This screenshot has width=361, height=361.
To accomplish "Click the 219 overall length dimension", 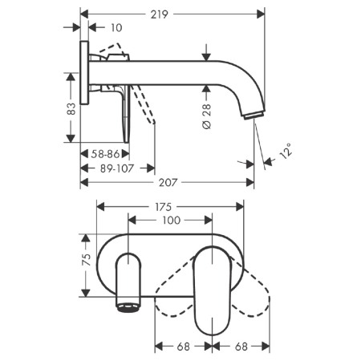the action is point(159,14).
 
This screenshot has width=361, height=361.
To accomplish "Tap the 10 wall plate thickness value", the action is point(116,27).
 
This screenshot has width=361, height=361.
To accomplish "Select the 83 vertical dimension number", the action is point(71,109).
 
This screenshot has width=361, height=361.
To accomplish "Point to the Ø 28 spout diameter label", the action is point(207,116).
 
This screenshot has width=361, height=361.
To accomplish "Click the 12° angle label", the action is point(285,151).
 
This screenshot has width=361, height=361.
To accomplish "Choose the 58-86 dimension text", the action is point(105,154).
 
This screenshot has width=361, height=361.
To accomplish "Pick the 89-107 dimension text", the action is point(117,168).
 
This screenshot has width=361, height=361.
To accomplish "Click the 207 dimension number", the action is point(168,183).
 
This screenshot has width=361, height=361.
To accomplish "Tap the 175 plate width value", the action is point(163,207).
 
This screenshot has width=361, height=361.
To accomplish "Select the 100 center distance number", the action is point(172,221).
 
